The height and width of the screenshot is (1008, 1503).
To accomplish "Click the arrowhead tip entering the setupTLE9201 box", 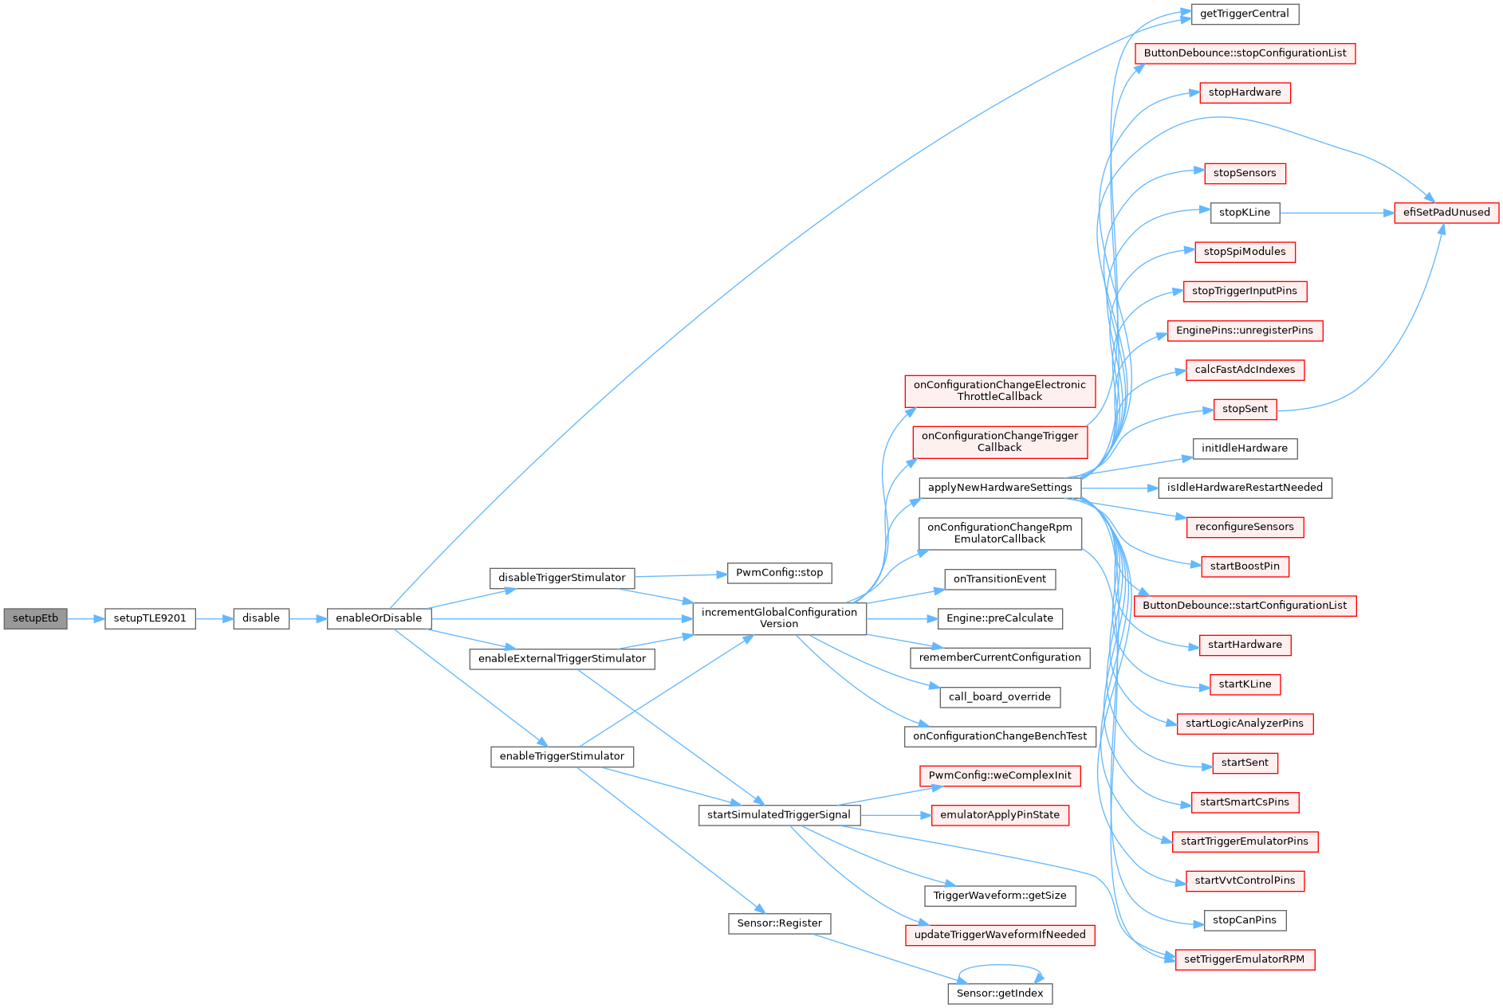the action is (105, 618).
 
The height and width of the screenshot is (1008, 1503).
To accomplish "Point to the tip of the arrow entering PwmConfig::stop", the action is (727, 574).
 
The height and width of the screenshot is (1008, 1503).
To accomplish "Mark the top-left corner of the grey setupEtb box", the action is (4, 608).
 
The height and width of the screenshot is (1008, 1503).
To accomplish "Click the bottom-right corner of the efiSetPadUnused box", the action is (1499, 223).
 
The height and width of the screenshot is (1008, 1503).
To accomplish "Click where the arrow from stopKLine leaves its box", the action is (1280, 213).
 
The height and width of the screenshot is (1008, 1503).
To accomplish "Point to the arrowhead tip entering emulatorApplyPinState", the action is (931, 815).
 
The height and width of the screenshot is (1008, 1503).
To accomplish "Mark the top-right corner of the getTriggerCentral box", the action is (1299, 4).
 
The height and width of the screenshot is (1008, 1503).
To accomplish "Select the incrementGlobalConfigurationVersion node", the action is (779, 618).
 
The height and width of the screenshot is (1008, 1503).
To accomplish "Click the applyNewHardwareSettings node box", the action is (1000, 488).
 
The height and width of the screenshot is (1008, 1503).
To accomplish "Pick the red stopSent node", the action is (1245, 410).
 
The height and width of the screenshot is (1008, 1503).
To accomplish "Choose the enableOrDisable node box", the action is (379, 618).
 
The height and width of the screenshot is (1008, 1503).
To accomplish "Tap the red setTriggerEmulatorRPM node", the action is (1244, 959).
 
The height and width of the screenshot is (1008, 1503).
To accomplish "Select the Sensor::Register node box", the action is (779, 924).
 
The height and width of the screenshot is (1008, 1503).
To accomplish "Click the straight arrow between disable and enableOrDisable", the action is (308, 618).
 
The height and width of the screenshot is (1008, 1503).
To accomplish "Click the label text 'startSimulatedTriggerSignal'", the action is (779, 815).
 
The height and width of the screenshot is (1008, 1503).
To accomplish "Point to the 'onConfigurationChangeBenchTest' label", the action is (1000, 736).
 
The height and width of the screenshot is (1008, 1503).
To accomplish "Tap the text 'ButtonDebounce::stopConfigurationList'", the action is (1245, 53).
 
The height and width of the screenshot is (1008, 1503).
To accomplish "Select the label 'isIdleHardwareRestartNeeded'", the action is (1245, 488).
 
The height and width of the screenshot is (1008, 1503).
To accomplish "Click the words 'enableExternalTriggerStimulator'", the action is (562, 659).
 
